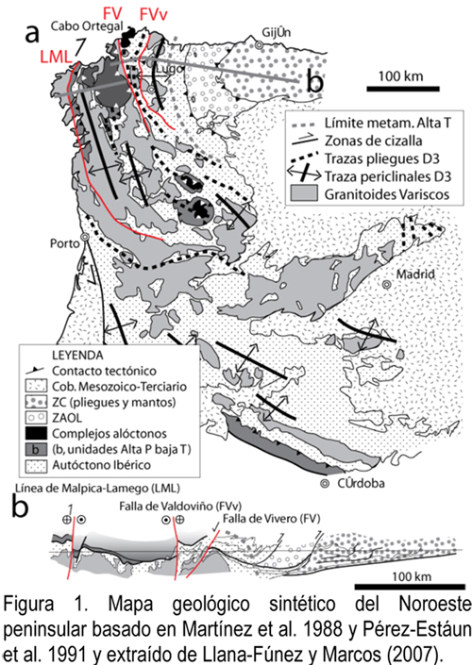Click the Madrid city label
pyautogui.click(x=415, y=274)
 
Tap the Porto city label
pyautogui.click(x=64, y=243)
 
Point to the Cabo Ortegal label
pyautogui.click(x=87, y=26)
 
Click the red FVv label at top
pyautogui.click(x=154, y=15)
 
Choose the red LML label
pyautogui.click(x=55, y=57)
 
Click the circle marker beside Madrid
pyautogui.click(x=386, y=285)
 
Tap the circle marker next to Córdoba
pyautogui.click(x=325, y=483)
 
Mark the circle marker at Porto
pyautogui.click(x=85, y=238)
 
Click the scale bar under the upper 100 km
pyautogui.click(x=403, y=89)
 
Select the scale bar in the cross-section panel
pyautogui.click(x=410, y=587)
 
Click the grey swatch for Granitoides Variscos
pyautogui.click(x=304, y=193)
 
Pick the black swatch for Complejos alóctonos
pyautogui.click(x=36, y=434)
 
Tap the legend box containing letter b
pyautogui.click(x=36, y=449)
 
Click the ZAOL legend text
pyautogui.click(x=67, y=418)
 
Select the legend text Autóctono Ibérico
pyautogui.click(x=101, y=465)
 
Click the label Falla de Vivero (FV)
pyautogui.click(x=272, y=518)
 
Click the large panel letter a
pyautogui.click(x=32, y=34)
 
